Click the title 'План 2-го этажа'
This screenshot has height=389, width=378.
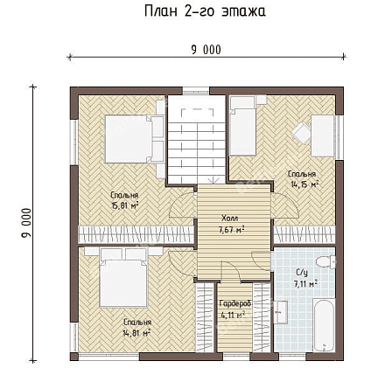coord(205,11)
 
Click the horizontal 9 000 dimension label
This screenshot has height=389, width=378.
coord(206,50)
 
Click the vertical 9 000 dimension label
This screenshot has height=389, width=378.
coord(26,223)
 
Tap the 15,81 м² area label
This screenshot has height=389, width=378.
coord(124,205)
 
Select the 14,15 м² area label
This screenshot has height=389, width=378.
coord(304,184)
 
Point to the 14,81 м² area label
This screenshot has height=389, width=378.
coord(137,332)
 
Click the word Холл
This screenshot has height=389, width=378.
coord(230,218)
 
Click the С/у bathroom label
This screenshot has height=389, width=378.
coord(302,273)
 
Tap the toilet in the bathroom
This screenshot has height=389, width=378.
coord(325,261)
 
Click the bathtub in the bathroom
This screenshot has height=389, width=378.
coord(324,324)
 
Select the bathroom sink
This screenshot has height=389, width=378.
coord(281,312)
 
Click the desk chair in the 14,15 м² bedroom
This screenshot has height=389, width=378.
coord(301,133)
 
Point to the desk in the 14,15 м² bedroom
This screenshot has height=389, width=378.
coord(323,135)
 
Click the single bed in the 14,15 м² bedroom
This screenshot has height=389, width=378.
coord(243,126)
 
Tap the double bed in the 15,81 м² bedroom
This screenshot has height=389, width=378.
coord(135,139)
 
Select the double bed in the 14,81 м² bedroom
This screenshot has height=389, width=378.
coord(123,277)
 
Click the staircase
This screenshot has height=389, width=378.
coord(197,141)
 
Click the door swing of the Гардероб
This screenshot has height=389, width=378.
coord(231,272)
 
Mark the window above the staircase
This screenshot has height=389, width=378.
coord(196,91)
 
